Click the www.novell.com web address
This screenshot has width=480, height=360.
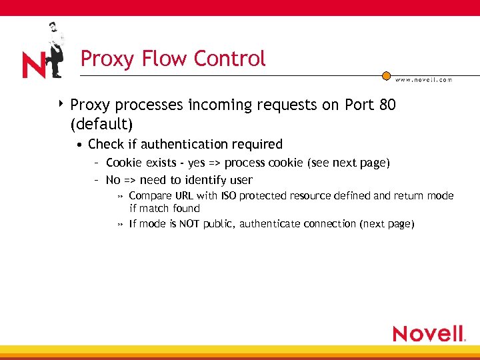coord(423,79)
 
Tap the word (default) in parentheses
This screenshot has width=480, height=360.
coord(101,124)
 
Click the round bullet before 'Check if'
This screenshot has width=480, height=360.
coord(79,145)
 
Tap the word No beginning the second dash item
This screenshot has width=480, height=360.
coord(113,180)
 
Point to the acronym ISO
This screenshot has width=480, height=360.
coord(229,196)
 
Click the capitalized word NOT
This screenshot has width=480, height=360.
coord(189,224)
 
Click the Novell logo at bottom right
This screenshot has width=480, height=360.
coord(428,333)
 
